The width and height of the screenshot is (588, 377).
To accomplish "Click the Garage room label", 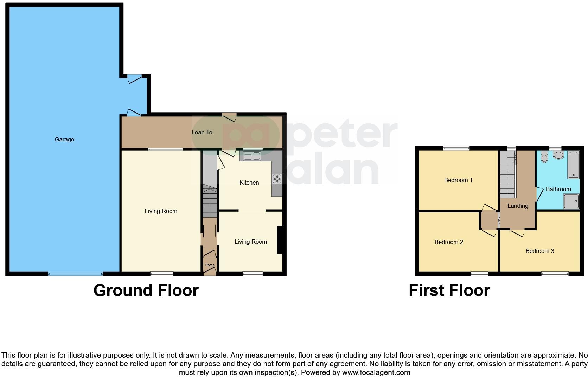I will pos(64,140).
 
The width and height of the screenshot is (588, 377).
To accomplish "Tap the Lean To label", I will pos(202,133).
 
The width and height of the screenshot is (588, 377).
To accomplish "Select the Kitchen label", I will pos(249,183).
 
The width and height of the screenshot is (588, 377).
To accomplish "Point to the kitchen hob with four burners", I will pos(277,179).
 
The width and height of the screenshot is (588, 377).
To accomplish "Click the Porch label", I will pos(210,265).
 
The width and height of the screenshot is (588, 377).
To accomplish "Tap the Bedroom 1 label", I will pos(458,180).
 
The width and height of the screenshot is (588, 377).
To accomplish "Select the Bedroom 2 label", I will pos(448,242).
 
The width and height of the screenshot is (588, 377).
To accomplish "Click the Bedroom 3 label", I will pos(539,251).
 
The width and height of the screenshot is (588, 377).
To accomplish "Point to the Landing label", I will pos(518,206).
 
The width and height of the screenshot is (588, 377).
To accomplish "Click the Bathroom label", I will pos(558,190).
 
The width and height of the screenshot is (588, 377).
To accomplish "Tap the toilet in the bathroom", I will pos(544,157).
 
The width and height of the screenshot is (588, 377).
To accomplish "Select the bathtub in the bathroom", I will pos(573,164).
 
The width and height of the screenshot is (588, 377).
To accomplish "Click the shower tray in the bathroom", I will pos(571,202).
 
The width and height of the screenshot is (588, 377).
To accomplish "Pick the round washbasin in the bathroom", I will pos(558,155).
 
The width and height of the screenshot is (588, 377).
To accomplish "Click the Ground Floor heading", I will pos(146,290).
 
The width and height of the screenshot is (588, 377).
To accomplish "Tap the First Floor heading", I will pos(449,290).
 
